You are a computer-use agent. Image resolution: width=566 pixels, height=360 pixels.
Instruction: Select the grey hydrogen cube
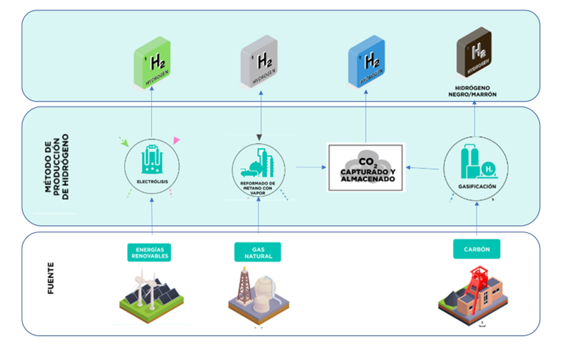pos(258,62)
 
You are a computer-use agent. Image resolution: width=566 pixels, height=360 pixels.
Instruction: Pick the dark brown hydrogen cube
pos(474,55)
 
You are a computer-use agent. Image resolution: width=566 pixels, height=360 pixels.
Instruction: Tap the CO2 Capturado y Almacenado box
pos(365,168)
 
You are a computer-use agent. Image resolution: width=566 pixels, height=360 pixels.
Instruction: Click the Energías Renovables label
pos(152,252)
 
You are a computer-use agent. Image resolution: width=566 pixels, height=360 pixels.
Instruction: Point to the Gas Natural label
pos(258,252)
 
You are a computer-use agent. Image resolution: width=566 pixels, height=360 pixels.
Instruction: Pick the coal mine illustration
pos(475,295)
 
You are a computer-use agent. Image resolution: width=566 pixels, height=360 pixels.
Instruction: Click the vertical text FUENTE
pos(52,280)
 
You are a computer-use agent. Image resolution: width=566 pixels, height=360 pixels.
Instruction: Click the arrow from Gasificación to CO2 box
pos(423,168)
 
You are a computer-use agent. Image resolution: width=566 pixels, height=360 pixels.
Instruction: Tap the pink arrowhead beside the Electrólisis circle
pos(177,141)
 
